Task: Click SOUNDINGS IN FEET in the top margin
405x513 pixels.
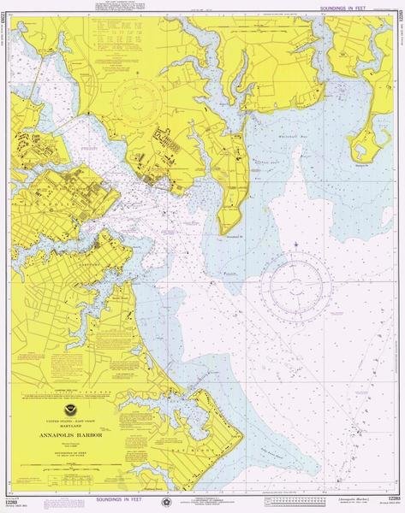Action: [x=352, y=6]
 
